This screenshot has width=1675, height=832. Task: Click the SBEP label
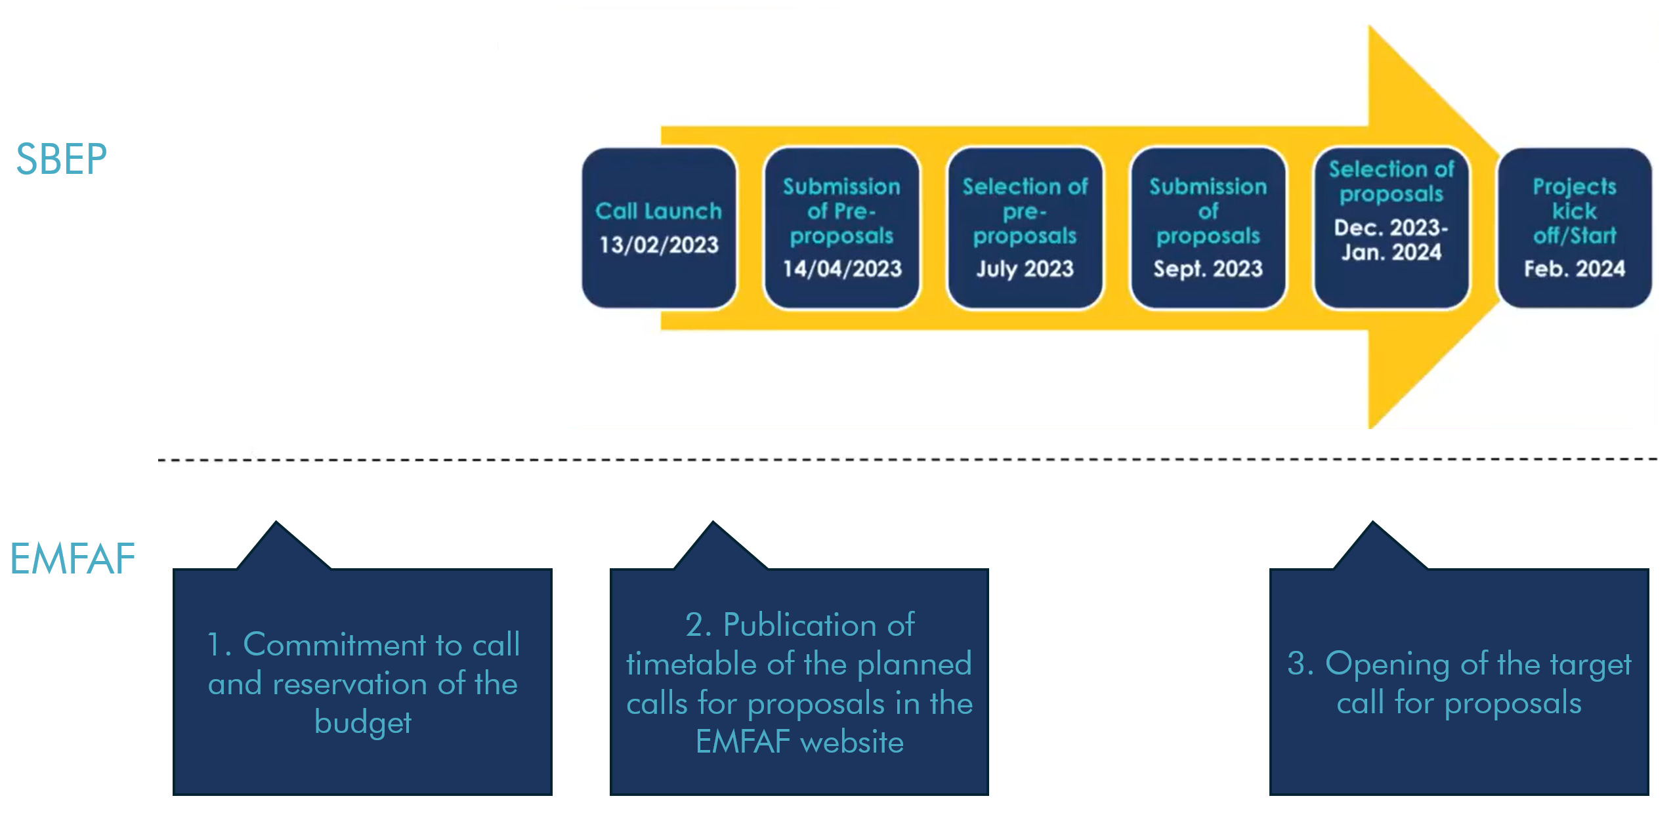pos(61,159)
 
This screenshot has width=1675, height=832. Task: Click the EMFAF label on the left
pos(72,559)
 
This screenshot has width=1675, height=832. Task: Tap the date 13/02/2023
pos(659,245)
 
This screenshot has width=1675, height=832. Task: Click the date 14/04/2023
pos(842,268)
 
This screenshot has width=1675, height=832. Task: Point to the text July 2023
pos(1025,268)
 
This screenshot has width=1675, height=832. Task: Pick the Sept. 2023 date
pos(1208,268)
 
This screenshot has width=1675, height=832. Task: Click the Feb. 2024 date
pos(1574,268)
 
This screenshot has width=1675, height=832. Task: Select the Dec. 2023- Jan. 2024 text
pos(1391,239)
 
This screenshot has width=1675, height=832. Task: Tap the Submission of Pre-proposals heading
pos(841,211)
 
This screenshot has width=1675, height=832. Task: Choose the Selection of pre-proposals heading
pos(1025,211)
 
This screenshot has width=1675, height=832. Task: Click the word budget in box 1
pos(362,722)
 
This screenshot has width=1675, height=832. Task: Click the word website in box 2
pos(852,742)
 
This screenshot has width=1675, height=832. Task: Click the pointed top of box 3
pos(1372,526)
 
